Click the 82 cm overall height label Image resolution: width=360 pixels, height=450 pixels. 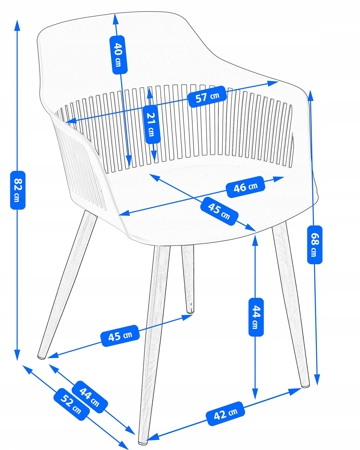[x=18, y=190]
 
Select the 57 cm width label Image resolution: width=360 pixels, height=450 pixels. [x=207, y=97]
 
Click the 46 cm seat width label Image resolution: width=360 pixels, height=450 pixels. [x=246, y=187]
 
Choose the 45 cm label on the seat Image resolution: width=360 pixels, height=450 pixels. [x=219, y=211]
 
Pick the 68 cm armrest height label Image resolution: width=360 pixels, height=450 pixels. [x=315, y=245]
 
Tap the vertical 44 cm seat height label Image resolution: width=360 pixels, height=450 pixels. [x=256, y=317]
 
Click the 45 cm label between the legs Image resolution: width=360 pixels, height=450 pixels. [x=120, y=336]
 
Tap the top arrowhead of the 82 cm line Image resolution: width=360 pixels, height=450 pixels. [x=17, y=25]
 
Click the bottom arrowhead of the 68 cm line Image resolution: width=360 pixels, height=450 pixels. [x=317, y=380]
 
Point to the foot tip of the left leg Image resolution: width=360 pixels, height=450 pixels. [x=41, y=357]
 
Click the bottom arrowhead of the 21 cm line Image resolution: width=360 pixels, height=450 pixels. [x=154, y=157]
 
